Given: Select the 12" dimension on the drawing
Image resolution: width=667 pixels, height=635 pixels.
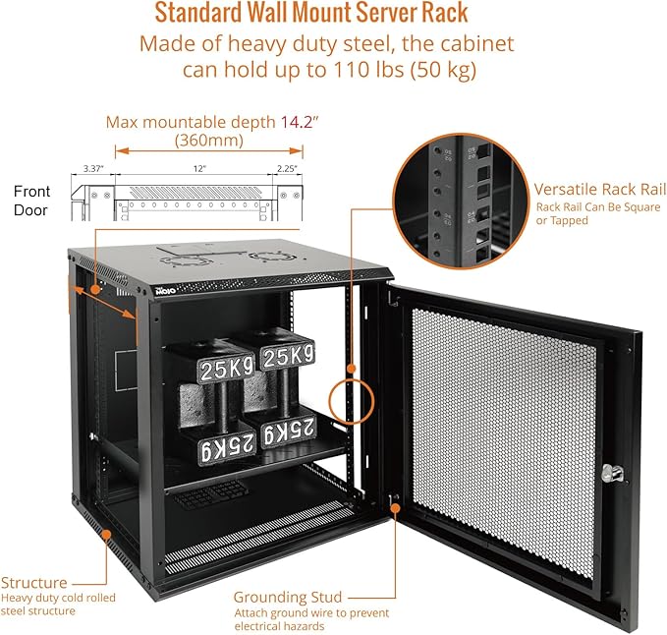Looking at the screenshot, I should pos(199,169).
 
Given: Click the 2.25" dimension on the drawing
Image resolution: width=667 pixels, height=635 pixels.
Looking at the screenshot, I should pos(288,169).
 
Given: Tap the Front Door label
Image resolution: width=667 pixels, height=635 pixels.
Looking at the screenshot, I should pos(31,198).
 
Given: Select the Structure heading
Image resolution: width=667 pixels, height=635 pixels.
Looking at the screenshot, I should pos(34,583).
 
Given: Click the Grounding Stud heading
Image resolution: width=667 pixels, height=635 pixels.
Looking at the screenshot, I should pos(288,597).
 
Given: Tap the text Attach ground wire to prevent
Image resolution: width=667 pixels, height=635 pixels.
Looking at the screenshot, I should pos(310,613).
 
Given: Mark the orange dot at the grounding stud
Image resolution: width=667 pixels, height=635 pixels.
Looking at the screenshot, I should pos(395,507).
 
